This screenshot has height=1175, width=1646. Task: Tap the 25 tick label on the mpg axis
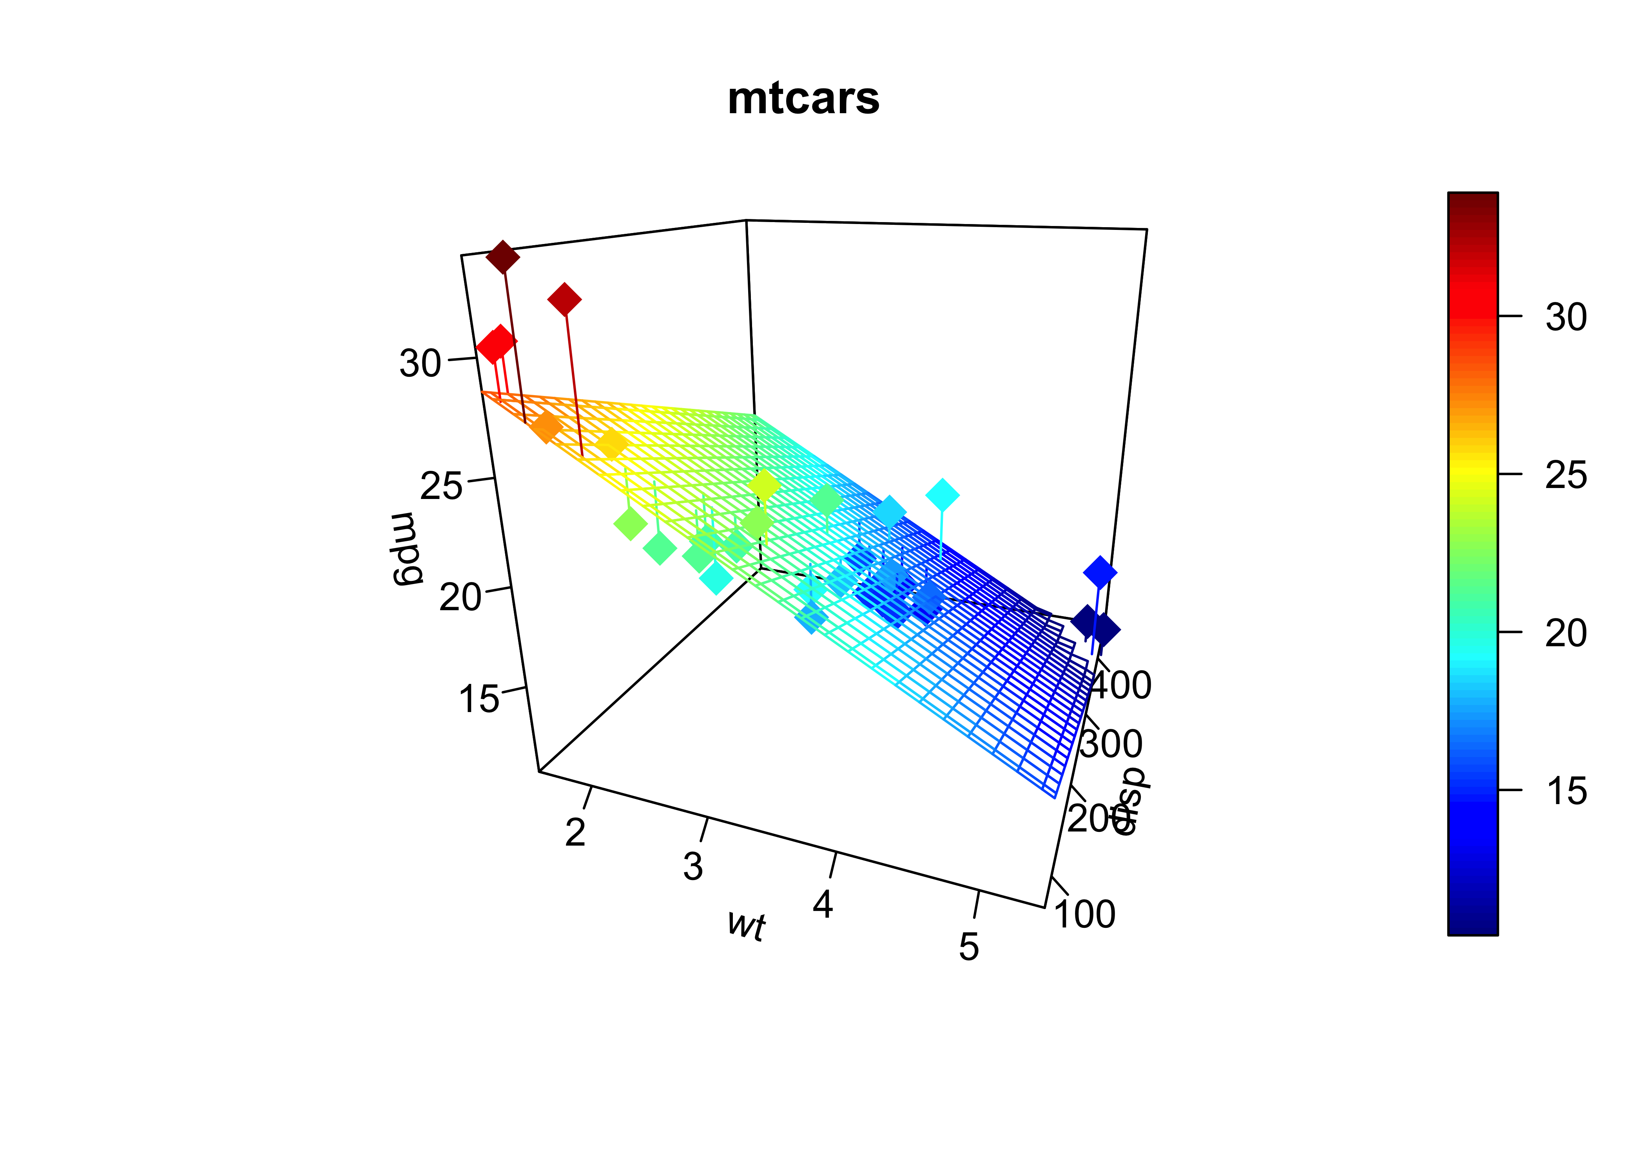pyautogui.click(x=440, y=486)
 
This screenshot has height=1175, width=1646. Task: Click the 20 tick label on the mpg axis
pyautogui.click(x=460, y=598)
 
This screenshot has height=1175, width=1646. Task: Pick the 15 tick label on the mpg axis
pyautogui.click(x=479, y=699)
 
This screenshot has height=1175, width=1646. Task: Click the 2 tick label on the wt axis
pyautogui.click(x=575, y=833)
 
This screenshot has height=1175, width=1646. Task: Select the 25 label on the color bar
pyautogui.click(x=1566, y=475)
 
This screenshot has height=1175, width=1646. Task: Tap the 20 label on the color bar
pyautogui.click(x=1566, y=633)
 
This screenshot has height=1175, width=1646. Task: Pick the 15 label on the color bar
pyautogui.click(x=1566, y=791)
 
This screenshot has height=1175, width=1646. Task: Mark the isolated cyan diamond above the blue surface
pyautogui.click(x=942, y=495)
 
